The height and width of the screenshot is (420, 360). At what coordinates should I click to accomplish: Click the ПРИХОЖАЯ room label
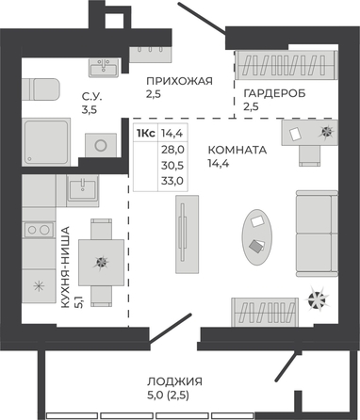tap(179, 81)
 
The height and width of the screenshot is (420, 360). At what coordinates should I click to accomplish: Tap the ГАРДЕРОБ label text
tap(274, 93)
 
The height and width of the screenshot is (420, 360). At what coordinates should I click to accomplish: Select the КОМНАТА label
tap(237, 150)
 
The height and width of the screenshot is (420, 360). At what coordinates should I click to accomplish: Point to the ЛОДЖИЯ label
tap(174, 381)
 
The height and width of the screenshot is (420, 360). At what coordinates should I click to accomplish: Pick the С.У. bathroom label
tap(91, 97)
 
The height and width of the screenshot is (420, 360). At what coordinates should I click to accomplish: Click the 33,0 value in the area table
tap(172, 181)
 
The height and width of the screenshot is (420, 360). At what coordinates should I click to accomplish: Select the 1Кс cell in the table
tap(145, 134)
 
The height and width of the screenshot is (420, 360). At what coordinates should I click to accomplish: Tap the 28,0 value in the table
tap(172, 150)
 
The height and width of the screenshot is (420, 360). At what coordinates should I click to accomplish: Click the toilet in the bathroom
tap(41, 89)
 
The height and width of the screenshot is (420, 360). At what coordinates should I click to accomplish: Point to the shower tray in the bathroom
tap(46, 142)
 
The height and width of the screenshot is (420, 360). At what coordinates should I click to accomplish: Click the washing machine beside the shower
tap(101, 145)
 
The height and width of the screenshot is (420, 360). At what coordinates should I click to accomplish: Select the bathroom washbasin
tap(104, 67)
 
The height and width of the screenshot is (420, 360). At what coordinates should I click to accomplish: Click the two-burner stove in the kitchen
tap(39, 230)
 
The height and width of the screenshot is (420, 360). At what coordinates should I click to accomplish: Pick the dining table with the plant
tap(101, 263)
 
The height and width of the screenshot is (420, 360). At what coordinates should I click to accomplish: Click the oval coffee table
tap(256, 237)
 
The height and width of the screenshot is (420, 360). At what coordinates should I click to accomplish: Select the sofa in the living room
tap(317, 234)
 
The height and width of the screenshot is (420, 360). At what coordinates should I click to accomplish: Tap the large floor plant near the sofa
tap(317, 299)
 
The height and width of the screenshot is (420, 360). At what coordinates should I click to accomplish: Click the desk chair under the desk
tap(309, 155)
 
